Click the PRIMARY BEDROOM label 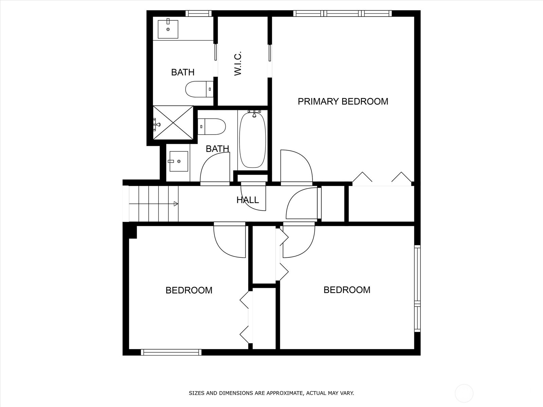pyautogui.click(x=343, y=101)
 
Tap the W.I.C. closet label pyautogui.click(x=238, y=63)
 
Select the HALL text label pyautogui.click(x=247, y=200)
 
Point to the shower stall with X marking pyautogui.click(x=173, y=123)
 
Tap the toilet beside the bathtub pyautogui.click(x=212, y=127)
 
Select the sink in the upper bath pyautogui.click(x=168, y=29)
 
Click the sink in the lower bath pyautogui.click(x=179, y=161)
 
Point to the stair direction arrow pyautogui.click(x=175, y=204)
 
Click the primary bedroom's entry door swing pyautogui.click(x=296, y=167)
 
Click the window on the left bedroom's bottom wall pyautogui.click(x=171, y=352)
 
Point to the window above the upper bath pyautogui.click(x=199, y=14)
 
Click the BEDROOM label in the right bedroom pyautogui.click(x=347, y=290)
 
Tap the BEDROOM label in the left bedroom pyautogui.click(x=189, y=290)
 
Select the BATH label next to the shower pyautogui.click(x=183, y=72)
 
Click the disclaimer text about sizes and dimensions pyautogui.click(x=271, y=393)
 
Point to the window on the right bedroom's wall pyautogui.click(x=417, y=288)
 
